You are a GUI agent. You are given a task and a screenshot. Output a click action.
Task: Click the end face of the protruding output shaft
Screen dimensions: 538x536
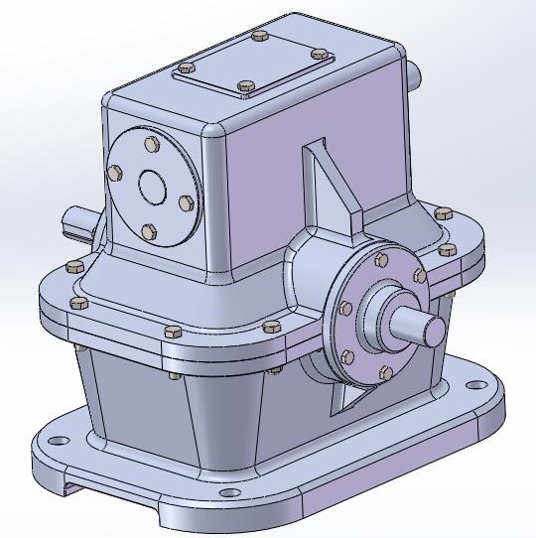coord(434,332)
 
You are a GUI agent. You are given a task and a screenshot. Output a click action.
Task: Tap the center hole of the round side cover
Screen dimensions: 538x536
coord(152,186)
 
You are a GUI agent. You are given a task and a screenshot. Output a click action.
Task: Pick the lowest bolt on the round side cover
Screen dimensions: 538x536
coord(149,231)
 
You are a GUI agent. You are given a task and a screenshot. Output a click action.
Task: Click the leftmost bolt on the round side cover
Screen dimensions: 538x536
coord(116,173)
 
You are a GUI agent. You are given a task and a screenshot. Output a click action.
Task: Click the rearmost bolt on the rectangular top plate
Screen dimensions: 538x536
coord(260,37)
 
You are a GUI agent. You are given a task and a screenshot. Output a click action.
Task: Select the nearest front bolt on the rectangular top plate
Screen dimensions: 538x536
coord(244,86)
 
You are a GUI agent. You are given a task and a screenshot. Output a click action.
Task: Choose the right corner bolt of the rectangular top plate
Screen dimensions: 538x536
coord(318,54)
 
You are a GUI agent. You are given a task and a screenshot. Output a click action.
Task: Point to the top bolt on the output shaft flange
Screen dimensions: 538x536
coord(380,261)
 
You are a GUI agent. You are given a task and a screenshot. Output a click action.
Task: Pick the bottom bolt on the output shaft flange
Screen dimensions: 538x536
coord(385,372)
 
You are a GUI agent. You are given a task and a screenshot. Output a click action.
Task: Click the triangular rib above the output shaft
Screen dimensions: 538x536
coord(328,189)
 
